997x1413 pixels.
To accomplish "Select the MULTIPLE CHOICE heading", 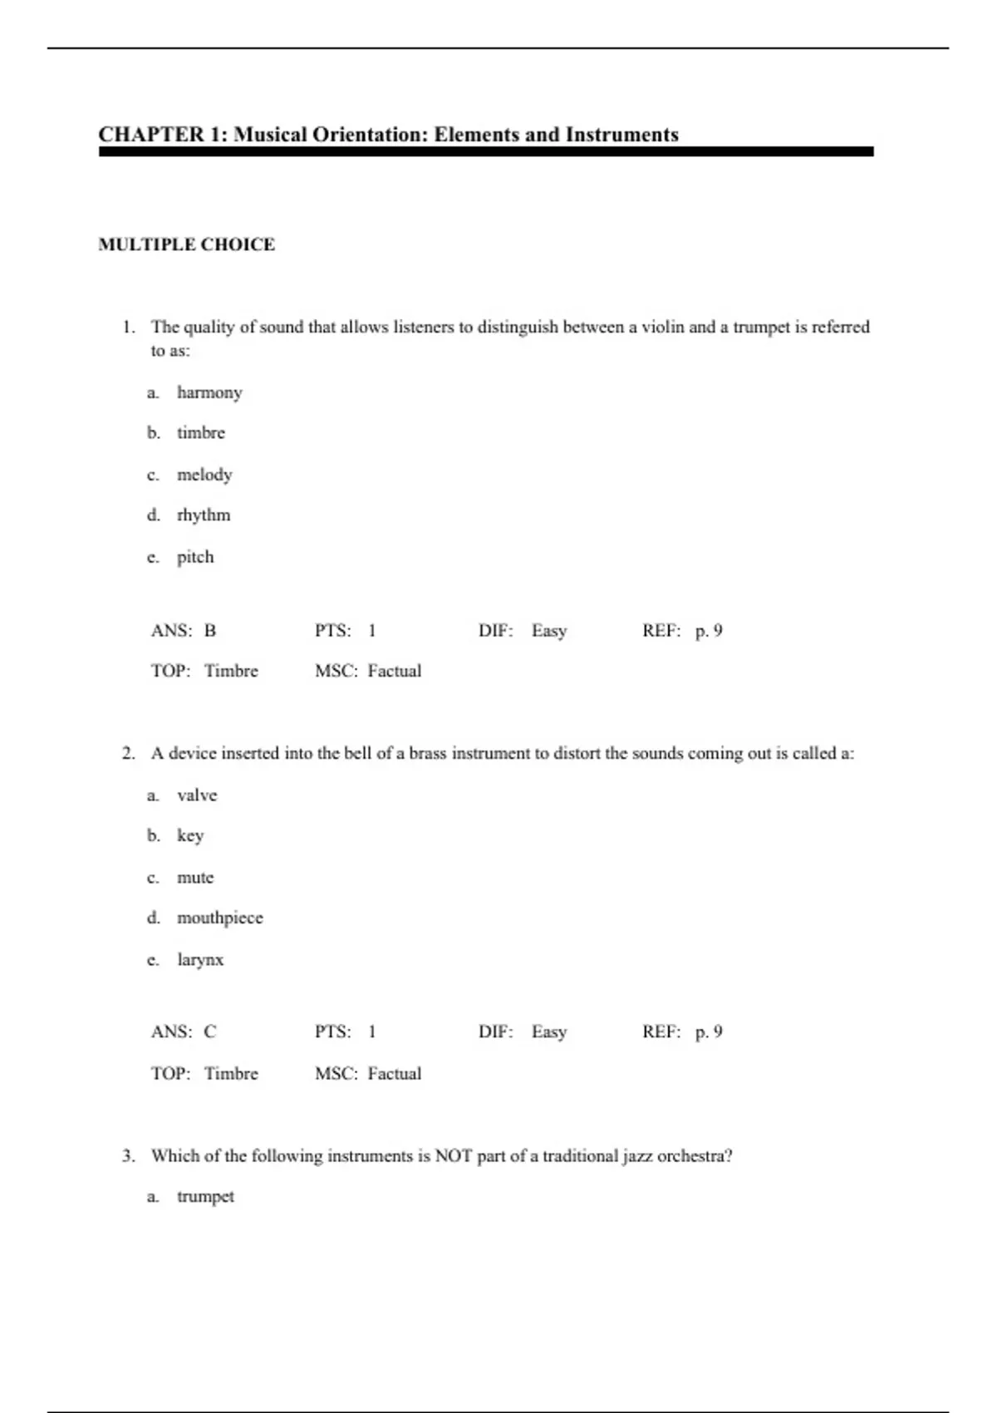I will (186, 244).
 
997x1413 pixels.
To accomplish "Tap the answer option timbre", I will (200, 433).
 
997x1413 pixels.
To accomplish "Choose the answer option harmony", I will (209, 392).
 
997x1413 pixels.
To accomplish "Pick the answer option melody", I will (204, 475).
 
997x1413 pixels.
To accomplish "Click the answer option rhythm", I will (204, 515).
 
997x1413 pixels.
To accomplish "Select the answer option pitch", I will (195, 557).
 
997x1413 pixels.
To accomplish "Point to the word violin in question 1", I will (663, 327).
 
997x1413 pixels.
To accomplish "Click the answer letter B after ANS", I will (210, 631).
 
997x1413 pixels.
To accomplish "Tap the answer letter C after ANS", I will (210, 1032).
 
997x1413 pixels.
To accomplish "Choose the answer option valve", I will (197, 795).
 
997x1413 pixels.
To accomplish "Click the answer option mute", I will (195, 878).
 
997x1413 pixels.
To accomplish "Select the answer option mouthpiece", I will (219, 918).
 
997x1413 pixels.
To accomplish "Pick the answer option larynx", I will (200, 960).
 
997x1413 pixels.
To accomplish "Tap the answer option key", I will (190, 836).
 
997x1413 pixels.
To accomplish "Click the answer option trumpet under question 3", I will (205, 1197).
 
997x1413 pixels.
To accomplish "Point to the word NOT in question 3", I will (453, 1156).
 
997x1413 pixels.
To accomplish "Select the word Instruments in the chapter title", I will (621, 135).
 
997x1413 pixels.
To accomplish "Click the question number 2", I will (128, 754).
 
